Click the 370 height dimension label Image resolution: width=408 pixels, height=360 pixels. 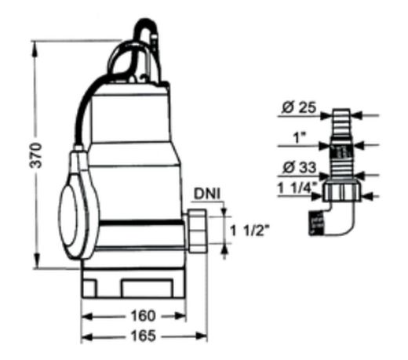point(36,155)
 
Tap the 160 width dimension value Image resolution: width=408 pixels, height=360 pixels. point(143,316)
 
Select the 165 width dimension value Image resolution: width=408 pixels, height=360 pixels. point(143,336)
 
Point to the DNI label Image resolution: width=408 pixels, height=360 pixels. point(207,195)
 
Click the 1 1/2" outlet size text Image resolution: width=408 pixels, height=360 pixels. point(250,231)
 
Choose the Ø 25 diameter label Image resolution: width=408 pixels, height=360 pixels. point(299,107)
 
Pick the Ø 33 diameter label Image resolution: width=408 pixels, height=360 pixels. point(299,167)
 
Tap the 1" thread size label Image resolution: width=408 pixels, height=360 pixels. point(297,138)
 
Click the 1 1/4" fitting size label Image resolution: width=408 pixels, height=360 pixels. point(297,187)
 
